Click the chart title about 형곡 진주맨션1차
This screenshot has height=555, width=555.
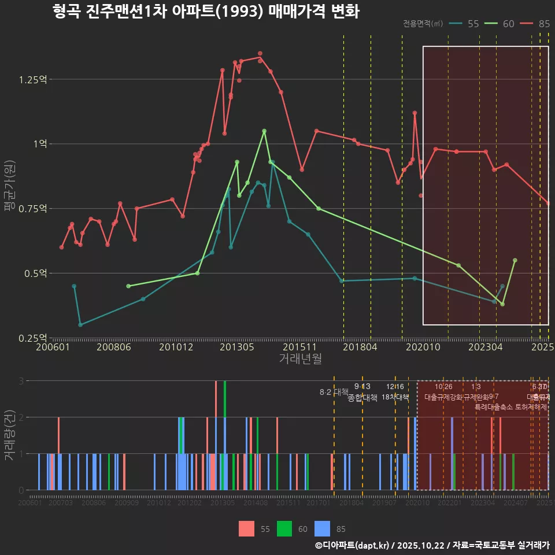205,12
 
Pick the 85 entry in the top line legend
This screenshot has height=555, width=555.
535,24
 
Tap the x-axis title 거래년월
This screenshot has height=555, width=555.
300,359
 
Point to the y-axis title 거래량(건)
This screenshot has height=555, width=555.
9,435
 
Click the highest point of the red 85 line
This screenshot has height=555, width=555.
260,54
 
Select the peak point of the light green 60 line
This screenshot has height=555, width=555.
264,131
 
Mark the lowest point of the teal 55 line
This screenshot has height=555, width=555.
80,325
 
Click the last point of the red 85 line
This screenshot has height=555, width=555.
548,203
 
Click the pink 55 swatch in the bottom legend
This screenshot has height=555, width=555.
246,528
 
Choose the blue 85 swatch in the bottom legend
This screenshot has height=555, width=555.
322,528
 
